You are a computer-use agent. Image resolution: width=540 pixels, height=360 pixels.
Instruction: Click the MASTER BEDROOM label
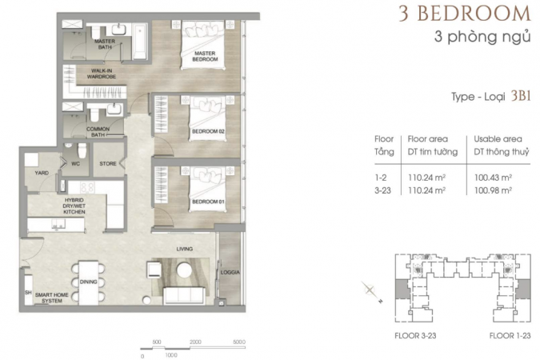pyautogui.click(x=205, y=56)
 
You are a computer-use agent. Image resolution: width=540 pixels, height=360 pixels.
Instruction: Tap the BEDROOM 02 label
pyautogui.click(x=208, y=131)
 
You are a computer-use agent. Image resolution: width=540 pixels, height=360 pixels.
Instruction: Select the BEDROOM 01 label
pyautogui.click(x=208, y=202)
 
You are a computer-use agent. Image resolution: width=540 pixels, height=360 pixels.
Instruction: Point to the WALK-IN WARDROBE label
pyautogui.click(x=102, y=74)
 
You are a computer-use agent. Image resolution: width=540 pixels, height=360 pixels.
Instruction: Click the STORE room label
pyautogui.click(x=108, y=164)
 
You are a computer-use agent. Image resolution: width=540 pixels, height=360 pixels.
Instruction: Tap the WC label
pyautogui.click(x=75, y=164)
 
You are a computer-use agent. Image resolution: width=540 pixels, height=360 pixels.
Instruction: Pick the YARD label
pyautogui.click(x=42, y=173)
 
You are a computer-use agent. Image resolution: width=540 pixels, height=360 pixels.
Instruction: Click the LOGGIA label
pyautogui.click(x=230, y=272)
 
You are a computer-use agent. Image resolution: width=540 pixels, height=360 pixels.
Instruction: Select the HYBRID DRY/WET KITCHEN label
pyautogui.click(x=74, y=206)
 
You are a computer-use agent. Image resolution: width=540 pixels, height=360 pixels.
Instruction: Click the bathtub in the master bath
pyautogui.click(x=140, y=42)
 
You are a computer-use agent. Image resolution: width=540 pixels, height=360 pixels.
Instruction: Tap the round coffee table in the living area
pyautogui.click(x=185, y=270)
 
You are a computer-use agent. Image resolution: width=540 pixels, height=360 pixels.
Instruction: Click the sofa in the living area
pyautogui.click(x=184, y=296)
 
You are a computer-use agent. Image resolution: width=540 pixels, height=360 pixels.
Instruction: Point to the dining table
pyautogui.click(x=88, y=283)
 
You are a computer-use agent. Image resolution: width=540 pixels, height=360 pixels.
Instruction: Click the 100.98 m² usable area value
pyautogui.click(x=493, y=190)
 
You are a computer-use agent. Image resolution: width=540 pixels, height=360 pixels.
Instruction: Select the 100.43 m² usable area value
pyautogui.click(x=493, y=178)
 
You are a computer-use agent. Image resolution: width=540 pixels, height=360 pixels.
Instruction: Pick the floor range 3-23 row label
pyautogui.click(x=382, y=190)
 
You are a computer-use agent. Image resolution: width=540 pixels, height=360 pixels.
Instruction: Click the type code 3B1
pyautogui.click(x=521, y=96)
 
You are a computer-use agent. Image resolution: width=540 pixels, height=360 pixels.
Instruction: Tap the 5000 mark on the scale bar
pyautogui.click(x=239, y=342)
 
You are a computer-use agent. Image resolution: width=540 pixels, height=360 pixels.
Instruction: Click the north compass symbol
pyautogui.click(x=371, y=291)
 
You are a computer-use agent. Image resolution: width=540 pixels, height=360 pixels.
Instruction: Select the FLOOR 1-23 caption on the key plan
pyautogui.click(x=510, y=335)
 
